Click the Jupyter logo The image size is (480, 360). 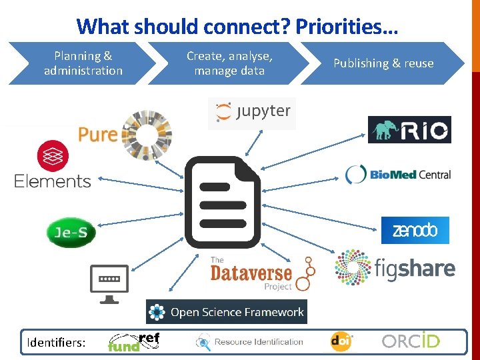tap(252, 112)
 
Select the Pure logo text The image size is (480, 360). tap(97, 134)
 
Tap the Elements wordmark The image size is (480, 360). tap(53, 181)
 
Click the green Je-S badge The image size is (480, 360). tap(71, 233)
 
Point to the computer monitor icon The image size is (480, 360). tap(109, 283)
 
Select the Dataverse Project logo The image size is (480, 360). tap(260, 272)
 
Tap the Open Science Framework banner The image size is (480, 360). tap(227, 312)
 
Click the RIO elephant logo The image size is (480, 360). tap(409, 129)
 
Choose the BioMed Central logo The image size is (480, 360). tap(398, 175)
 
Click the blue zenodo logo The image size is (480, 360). tap(415, 231)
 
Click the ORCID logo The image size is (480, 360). tap(411, 341)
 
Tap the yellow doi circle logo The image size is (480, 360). tap(341, 342)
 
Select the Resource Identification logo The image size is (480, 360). tap(249, 342)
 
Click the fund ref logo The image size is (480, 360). tap(134, 342)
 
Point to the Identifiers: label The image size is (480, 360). tap(56, 343)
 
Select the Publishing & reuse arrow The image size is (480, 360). tap(383, 63)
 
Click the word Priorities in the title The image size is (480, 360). tap(347, 27)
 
